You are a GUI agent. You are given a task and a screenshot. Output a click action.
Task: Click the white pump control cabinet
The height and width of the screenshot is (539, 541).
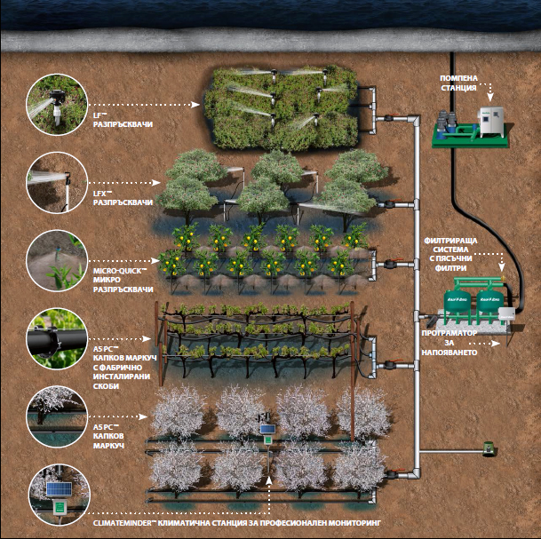pos(490,121)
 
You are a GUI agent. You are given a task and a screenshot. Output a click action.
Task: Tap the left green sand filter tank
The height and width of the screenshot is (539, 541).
pos(465,297)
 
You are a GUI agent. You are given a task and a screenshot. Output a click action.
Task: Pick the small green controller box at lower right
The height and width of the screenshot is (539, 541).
pos(487,449)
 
